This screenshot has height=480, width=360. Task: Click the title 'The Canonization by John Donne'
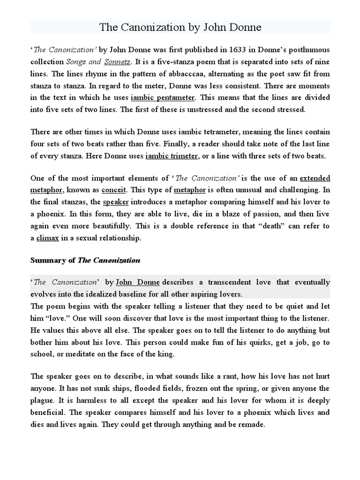point(180,27)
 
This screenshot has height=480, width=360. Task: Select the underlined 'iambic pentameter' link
point(163,98)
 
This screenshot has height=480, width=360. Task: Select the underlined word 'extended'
point(315,179)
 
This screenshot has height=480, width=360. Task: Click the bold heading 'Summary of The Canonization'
point(85,260)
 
